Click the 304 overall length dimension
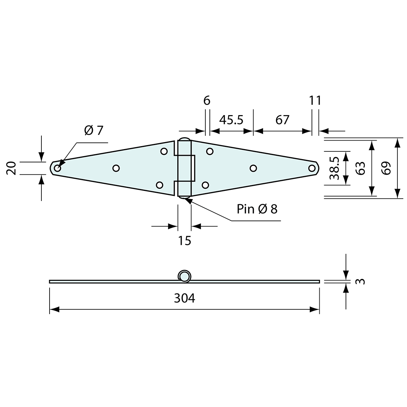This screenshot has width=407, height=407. click(184, 298)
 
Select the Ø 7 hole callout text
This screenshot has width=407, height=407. click(94, 130)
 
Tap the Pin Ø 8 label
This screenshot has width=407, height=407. click(257, 209)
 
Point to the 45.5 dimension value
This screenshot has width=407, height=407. click(231, 120)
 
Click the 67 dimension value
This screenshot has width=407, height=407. click(282, 120)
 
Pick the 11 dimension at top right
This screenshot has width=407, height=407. click(315, 100)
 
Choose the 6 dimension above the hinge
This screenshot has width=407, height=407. click(207, 100)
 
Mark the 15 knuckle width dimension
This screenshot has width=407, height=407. click(184, 240)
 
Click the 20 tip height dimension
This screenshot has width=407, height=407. click(11, 168)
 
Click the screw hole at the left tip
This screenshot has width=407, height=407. click(57, 168)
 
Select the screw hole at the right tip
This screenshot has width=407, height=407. click(312, 168)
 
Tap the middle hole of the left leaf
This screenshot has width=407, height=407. click(116, 168)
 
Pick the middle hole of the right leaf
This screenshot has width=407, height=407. click(253, 168)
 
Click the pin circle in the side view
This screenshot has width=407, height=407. click(184, 276)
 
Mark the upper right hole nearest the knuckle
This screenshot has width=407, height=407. click(210, 151)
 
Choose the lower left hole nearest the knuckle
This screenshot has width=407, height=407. click(160, 185)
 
